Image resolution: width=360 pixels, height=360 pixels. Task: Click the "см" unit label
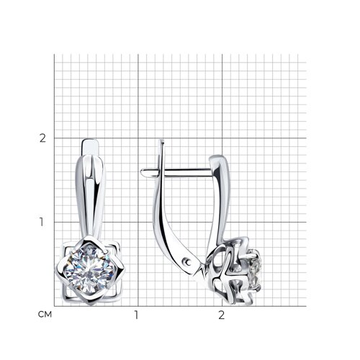[45, 315]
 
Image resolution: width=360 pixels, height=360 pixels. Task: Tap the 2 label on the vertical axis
[42, 138]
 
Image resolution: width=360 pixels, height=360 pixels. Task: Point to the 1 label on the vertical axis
[42, 222]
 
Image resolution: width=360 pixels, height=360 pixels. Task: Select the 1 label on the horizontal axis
[136, 315]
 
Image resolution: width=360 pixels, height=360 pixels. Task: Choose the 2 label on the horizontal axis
[221, 315]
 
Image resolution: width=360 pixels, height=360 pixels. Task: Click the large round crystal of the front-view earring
[89, 269]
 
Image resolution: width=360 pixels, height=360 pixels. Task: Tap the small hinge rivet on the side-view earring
[186, 262]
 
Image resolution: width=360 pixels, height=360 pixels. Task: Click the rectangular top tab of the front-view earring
[91, 147]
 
